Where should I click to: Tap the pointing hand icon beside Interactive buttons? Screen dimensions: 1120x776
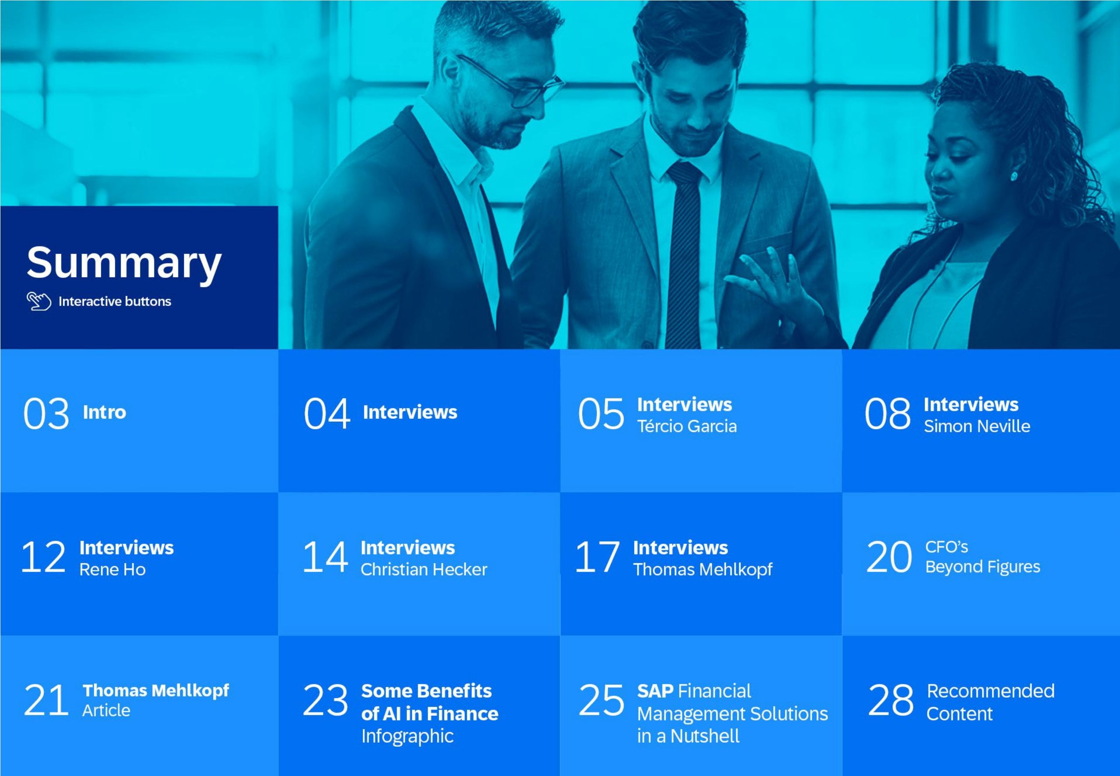tap(39, 302)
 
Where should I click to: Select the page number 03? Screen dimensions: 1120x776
tap(46, 414)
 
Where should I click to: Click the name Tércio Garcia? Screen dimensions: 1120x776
tap(687, 427)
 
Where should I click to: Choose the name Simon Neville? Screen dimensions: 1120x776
tap(977, 427)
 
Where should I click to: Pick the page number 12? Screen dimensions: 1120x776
tap(43, 557)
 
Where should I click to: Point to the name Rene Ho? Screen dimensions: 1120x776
tap(112, 570)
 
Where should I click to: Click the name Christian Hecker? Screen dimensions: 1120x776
tap(424, 570)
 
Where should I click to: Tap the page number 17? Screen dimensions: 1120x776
tap(597, 557)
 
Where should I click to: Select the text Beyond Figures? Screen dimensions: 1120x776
tap(982, 567)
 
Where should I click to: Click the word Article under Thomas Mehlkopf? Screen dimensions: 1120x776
tap(106, 711)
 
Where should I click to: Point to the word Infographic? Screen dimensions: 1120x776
tap(407, 737)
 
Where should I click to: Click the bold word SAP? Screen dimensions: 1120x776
tap(655, 691)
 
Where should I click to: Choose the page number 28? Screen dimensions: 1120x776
tap(891, 700)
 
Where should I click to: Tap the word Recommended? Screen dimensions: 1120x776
tap(991, 691)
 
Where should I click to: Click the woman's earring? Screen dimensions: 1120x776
tap(1014, 175)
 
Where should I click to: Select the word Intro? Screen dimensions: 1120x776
tap(104, 412)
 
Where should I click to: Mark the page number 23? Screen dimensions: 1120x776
tap(325, 700)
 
